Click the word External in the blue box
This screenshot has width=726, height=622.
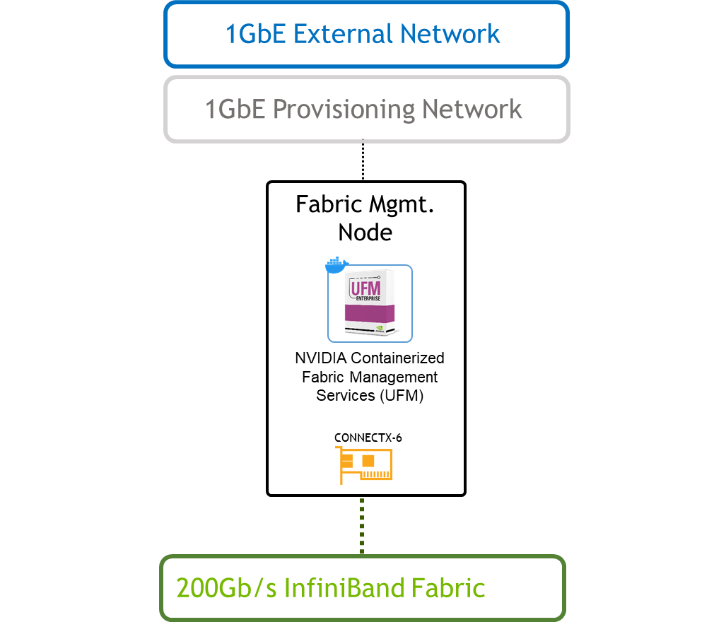342,34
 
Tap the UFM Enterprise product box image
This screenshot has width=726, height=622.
370,305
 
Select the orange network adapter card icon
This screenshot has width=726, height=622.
366,466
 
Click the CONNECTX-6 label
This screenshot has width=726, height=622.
368,438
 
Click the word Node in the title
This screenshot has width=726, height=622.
365,232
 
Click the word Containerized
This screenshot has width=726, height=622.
397,358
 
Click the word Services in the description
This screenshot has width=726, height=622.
345,395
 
